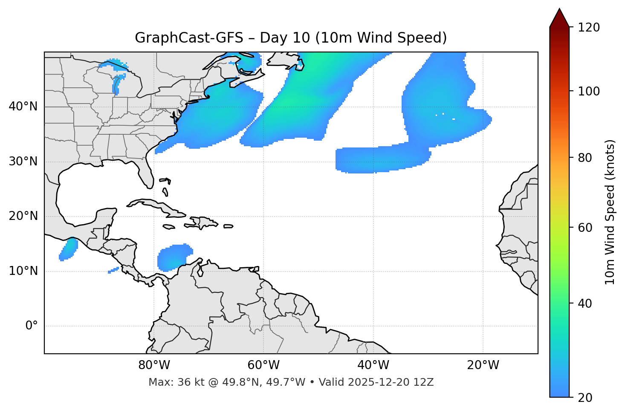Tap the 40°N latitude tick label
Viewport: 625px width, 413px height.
[x=23, y=107]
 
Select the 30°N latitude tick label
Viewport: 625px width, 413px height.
[x=23, y=162]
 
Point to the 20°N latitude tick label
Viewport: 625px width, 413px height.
[x=23, y=216]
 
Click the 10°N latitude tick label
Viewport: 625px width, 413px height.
[x=23, y=271]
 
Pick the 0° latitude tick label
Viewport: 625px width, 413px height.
[x=32, y=326]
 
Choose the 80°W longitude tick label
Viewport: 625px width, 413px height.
[x=154, y=365]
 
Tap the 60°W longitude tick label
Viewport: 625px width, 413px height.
[x=263, y=365]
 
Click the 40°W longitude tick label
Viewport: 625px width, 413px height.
[x=373, y=365]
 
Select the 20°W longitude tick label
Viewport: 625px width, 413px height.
[x=483, y=365]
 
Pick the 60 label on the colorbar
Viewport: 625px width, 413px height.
[x=587, y=228]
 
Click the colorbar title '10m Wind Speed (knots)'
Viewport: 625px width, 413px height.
[x=610, y=212]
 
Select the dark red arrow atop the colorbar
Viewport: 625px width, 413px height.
[x=559, y=18]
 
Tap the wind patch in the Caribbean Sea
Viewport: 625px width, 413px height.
[x=173, y=257]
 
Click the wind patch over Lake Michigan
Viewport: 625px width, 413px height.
[x=118, y=84]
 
